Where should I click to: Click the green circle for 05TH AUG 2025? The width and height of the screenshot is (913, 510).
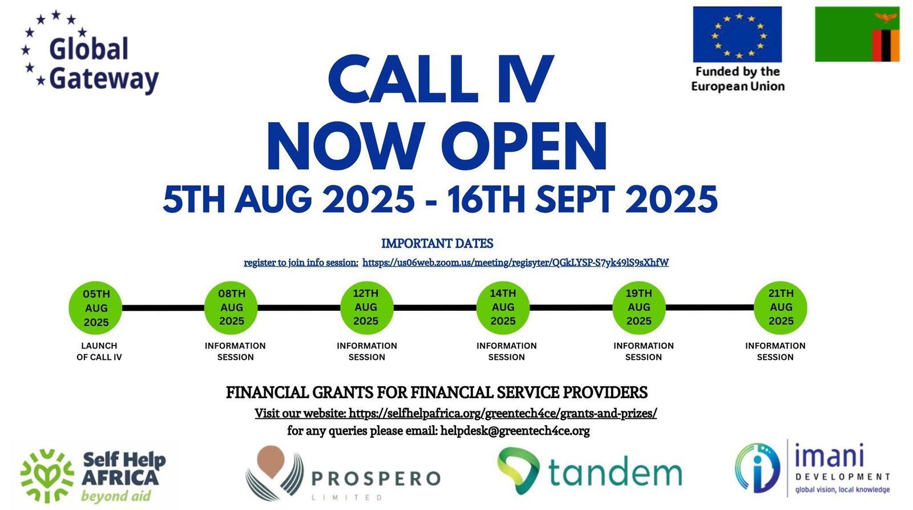coord(95,308)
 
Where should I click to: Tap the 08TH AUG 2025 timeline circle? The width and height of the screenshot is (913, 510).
coord(231,307)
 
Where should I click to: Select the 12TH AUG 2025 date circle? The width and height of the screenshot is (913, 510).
coord(367,307)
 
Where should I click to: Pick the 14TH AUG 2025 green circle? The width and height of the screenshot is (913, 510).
coord(503,307)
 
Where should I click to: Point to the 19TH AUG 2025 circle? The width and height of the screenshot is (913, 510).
coord(639,307)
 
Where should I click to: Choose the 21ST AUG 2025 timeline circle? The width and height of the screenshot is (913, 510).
coord(781,307)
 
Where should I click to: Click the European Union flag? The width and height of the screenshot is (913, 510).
coord(737,34)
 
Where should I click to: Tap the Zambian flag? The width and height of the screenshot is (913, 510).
coord(857,34)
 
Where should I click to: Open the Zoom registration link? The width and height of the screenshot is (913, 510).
coord(516,262)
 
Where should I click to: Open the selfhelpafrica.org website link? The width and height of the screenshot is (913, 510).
coord(503,413)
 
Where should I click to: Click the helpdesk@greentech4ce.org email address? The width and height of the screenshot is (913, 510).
coord(515,431)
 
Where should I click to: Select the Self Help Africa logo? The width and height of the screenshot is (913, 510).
coord(93,475)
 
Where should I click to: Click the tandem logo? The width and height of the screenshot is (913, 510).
coord(589,471)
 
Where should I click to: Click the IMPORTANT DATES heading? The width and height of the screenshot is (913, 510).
coord(437,244)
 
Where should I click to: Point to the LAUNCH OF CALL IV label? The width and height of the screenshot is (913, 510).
coord(99,351)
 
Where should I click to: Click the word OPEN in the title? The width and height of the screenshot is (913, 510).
coord(530,145)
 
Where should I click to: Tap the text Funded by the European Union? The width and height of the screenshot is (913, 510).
coord(738,79)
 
